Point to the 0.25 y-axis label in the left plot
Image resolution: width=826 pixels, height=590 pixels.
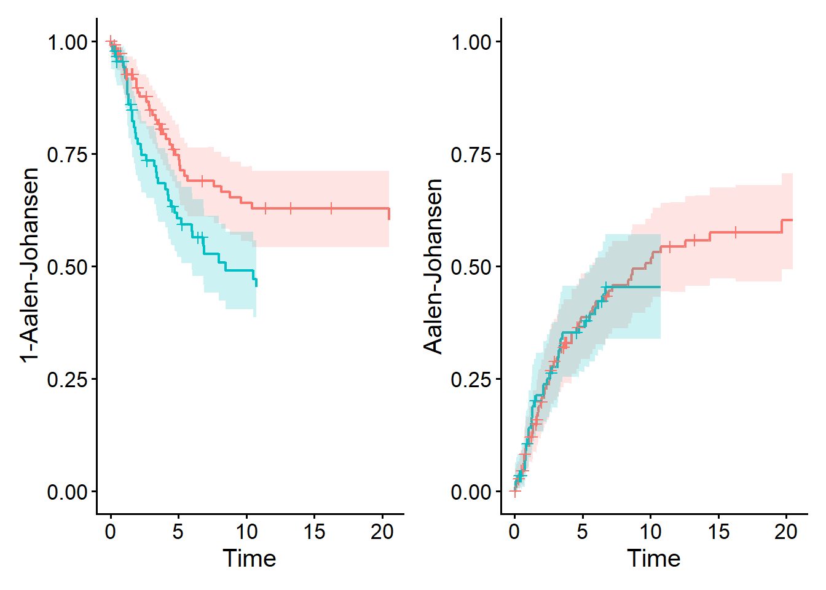click(x=67, y=379)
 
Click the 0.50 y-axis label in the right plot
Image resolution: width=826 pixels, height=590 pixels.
click(x=471, y=267)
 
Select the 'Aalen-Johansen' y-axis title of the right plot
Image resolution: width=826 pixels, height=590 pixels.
click(x=433, y=265)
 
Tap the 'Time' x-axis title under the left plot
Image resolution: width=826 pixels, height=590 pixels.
click(x=249, y=559)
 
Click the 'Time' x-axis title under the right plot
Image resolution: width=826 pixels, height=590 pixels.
click(x=653, y=559)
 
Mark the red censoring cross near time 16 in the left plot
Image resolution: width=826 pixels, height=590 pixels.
click(x=331, y=208)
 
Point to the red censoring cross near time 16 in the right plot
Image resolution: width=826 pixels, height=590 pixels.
click(x=735, y=232)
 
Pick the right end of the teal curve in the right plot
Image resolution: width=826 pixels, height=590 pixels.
click(x=660, y=287)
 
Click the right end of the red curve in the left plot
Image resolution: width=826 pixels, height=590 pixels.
click(x=389, y=214)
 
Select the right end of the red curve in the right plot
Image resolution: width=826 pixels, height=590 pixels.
click(x=792, y=220)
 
